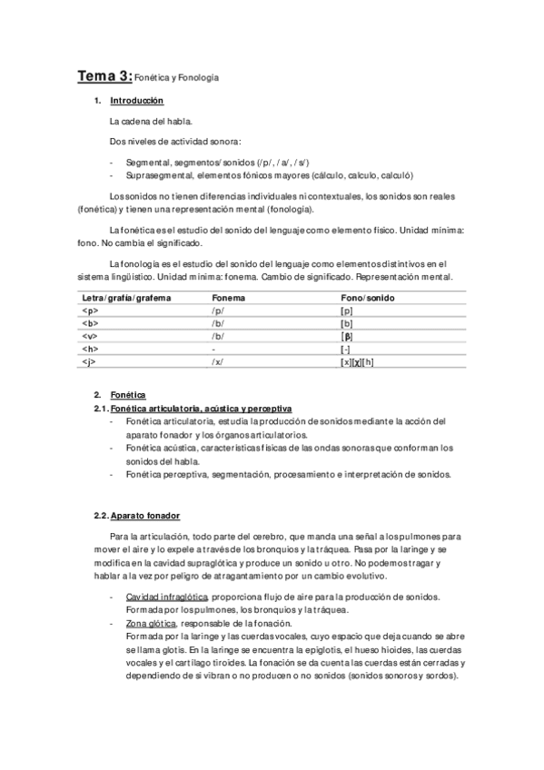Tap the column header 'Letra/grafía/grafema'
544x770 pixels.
point(126,298)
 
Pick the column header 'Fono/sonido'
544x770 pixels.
point(367,298)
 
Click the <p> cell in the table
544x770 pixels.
point(90,311)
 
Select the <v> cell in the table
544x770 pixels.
point(90,335)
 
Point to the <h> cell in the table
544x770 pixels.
point(90,348)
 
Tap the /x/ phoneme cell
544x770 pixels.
point(217,360)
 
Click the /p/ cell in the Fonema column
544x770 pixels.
point(217,311)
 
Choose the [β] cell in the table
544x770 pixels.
point(347,335)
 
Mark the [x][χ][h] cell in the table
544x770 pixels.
point(357,360)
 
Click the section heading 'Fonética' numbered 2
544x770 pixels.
point(128,396)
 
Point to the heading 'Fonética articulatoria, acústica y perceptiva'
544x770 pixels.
point(201,410)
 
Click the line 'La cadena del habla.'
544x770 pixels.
point(151,120)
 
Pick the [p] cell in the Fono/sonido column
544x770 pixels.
point(346,311)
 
